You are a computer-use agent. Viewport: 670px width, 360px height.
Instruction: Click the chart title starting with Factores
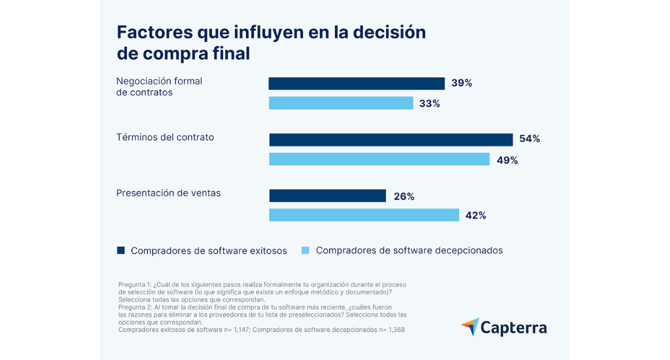(x=271, y=43)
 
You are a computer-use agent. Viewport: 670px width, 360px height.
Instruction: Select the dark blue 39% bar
(x=357, y=84)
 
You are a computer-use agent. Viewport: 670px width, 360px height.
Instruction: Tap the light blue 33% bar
(x=341, y=103)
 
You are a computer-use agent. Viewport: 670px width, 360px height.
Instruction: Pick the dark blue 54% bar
(x=391, y=139)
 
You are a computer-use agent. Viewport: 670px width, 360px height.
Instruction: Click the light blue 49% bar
(x=379, y=159)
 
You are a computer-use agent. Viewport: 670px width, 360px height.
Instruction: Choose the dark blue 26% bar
(x=328, y=196)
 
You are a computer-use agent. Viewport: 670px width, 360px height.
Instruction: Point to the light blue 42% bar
(x=364, y=215)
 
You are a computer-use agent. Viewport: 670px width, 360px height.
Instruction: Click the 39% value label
(x=461, y=83)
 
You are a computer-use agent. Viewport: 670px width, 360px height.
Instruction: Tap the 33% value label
(x=430, y=103)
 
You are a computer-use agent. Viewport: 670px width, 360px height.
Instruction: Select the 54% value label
(x=529, y=139)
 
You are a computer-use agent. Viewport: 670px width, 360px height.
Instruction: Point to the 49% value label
(x=507, y=160)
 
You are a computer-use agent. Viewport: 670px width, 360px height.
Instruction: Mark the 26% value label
(x=404, y=196)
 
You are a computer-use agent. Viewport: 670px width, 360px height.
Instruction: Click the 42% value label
(x=476, y=215)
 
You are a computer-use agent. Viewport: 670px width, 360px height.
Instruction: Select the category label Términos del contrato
(x=165, y=137)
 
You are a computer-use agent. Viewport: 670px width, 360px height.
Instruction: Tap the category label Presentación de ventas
(x=168, y=193)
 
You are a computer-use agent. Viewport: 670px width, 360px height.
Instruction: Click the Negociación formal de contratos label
(x=159, y=86)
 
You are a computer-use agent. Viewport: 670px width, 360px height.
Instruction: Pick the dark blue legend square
(x=120, y=250)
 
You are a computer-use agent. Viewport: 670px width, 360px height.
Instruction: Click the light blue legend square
(x=305, y=250)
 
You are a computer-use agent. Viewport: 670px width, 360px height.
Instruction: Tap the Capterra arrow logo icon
(x=470, y=327)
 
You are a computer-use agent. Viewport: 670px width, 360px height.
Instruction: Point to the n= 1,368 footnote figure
(x=390, y=330)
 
